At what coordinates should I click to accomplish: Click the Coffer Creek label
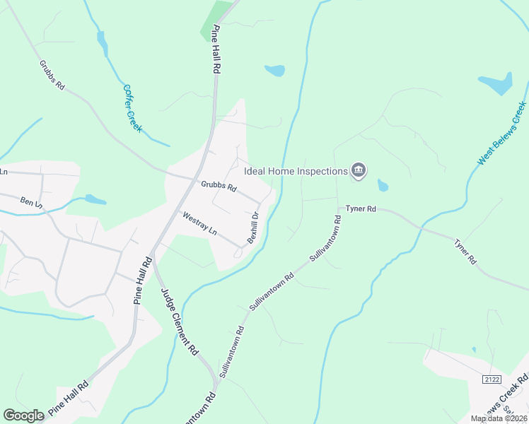(x=132, y=108)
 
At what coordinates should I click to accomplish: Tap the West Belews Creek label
(x=501, y=134)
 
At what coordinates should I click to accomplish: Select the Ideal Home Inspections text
(x=296, y=171)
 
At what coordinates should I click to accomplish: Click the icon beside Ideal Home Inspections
(x=359, y=171)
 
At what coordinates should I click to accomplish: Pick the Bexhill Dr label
(x=253, y=228)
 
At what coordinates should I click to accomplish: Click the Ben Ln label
(x=31, y=203)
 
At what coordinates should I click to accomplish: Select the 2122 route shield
(x=492, y=379)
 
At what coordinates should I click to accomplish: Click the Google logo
(x=23, y=416)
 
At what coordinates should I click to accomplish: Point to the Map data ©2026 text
(x=499, y=418)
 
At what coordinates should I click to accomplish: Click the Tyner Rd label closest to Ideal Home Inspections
(x=360, y=209)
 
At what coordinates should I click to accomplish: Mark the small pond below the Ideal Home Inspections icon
(x=383, y=186)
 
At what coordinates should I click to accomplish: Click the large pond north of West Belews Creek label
(x=496, y=83)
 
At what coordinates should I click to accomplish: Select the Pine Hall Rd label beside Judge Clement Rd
(x=142, y=281)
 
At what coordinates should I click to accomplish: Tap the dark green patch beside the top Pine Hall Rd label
(x=216, y=22)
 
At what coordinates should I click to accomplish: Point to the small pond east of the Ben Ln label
(x=95, y=200)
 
